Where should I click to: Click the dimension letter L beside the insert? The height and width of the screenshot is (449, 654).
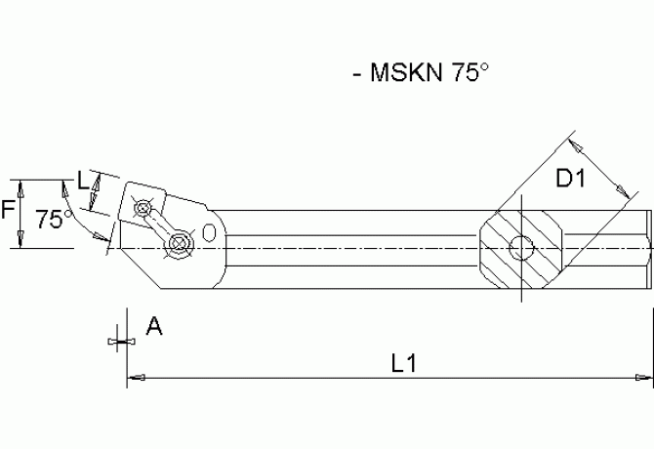tap(83, 181)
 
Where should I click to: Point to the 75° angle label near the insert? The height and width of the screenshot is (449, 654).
tap(54, 220)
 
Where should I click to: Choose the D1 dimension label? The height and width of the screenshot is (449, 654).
tap(570, 179)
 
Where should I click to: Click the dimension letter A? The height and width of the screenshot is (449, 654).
tap(152, 327)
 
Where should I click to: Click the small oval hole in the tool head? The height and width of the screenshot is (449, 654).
tap(212, 232)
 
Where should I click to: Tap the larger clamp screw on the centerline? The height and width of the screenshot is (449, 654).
tap(178, 244)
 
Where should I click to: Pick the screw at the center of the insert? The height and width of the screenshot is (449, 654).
tap(144, 208)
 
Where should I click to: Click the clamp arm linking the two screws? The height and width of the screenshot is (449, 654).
tap(161, 226)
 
